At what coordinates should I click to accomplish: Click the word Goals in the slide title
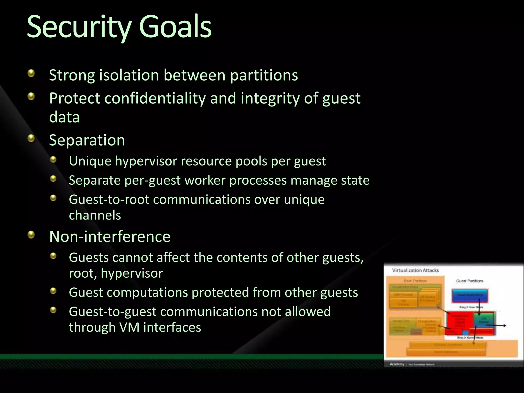pos(175,27)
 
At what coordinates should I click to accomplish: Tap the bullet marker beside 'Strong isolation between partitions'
pos(31,74)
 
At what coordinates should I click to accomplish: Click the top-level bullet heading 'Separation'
pos(87,140)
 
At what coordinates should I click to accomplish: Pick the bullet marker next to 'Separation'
pos(31,138)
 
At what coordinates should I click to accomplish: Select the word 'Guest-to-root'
pos(109,200)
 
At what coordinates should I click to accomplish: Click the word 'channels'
pos(95,215)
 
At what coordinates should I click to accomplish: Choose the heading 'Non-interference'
pos(110,236)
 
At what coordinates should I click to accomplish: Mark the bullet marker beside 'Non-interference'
pos(31,234)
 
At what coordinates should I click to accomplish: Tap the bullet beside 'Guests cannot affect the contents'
pos(53,256)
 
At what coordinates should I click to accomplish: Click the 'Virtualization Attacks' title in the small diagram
pos(415,270)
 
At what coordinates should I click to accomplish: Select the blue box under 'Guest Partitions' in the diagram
pos(470,295)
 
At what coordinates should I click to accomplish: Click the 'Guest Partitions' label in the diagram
pos(470,281)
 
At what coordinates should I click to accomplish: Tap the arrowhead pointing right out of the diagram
pos(504,325)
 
